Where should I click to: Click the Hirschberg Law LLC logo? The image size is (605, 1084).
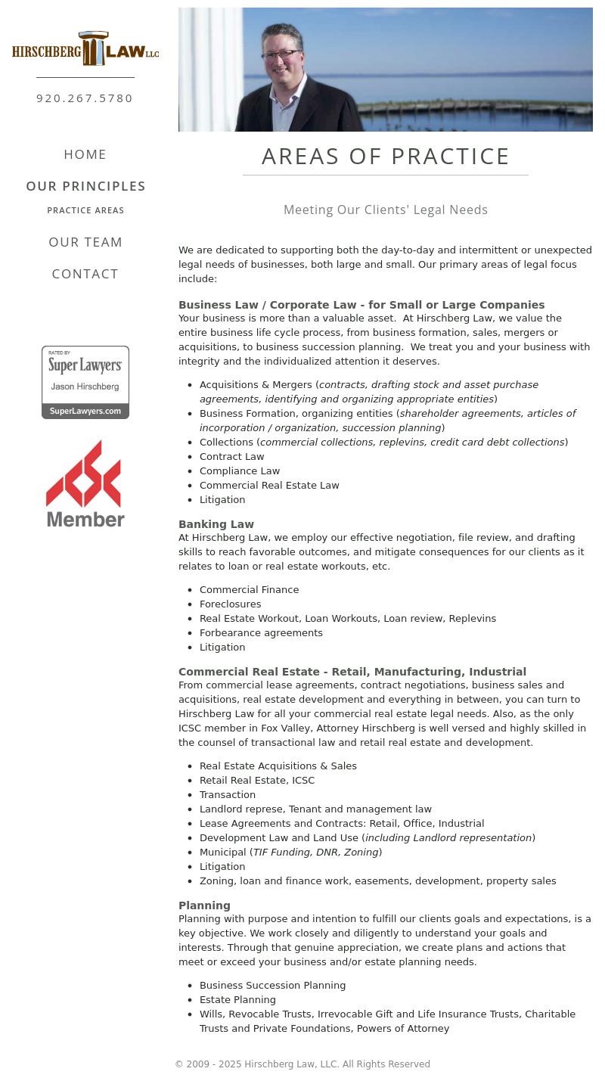tap(85, 49)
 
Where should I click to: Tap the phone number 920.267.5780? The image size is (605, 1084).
tap(85, 98)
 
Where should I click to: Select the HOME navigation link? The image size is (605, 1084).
tap(85, 154)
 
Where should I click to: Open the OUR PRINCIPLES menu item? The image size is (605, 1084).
tap(85, 186)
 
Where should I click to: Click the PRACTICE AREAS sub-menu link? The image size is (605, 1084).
tap(85, 210)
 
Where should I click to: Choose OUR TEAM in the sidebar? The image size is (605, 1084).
tap(85, 242)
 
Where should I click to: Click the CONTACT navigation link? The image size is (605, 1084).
tap(85, 274)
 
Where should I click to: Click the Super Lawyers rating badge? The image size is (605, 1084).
tap(85, 382)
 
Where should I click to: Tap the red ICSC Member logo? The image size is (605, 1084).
tap(85, 484)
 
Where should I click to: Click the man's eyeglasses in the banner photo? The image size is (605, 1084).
tap(281, 54)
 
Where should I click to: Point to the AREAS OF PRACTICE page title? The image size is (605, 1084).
tap(386, 157)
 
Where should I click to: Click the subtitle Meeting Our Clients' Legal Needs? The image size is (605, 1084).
tap(386, 210)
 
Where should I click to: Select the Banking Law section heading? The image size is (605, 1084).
tap(216, 524)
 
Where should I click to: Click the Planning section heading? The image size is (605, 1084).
tap(204, 905)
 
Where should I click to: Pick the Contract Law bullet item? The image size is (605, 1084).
tap(231, 457)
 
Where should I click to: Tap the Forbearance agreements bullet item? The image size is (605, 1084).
tap(261, 633)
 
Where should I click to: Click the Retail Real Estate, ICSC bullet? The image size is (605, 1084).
tap(257, 781)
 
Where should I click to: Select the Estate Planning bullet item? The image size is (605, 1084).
tap(237, 1000)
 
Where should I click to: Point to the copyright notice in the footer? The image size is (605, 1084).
tap(302, 1064)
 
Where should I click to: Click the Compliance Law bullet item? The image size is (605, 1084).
tap(240, 471)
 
